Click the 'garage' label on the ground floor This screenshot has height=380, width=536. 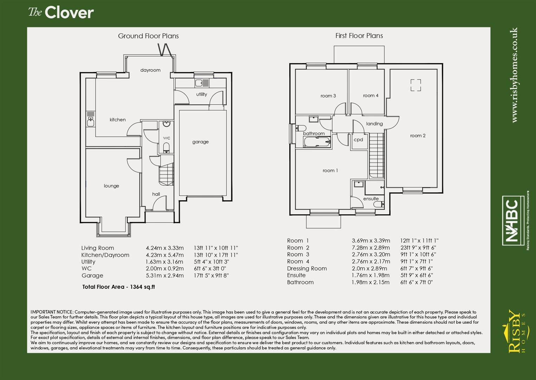point(200,142)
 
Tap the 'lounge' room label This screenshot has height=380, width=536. point(111,186)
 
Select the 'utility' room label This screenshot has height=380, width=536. point(201,94)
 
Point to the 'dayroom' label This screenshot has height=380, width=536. point(150,70)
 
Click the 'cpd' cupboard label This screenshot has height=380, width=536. point(358,140)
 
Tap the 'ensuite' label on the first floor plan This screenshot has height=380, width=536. point(371,199)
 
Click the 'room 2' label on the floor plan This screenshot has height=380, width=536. point(418,135)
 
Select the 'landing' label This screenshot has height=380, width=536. point(374,123)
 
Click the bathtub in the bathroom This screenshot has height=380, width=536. point(317,142)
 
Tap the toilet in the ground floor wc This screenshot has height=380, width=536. point(167,147)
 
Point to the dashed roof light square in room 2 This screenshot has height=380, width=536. point(415,85)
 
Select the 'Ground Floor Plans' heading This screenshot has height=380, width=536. point(148,36)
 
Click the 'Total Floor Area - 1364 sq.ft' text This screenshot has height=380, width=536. point(118,287)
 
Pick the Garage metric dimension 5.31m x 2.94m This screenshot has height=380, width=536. point(164,275)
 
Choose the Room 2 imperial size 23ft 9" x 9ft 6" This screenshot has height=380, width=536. point(418,248)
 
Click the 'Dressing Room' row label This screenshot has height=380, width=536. point(307,268)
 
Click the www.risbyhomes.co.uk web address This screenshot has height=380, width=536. point(514,75)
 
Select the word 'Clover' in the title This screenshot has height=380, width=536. point(69,13)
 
